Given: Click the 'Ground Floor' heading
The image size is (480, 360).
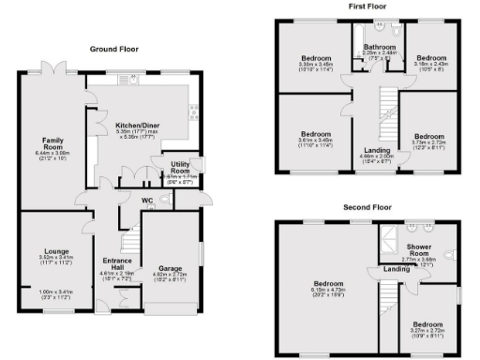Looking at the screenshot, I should pyautogui.click(x=115, y=48).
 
